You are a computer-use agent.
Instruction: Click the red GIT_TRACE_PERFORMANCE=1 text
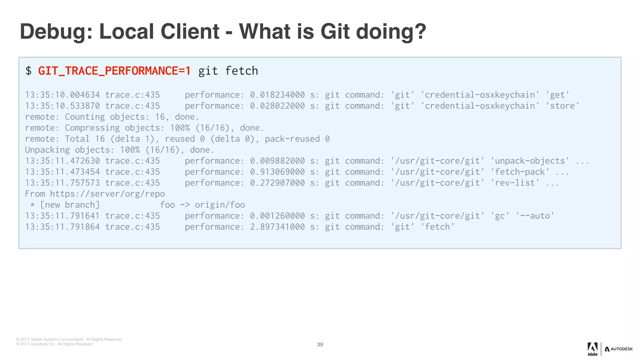[x=114, y=71]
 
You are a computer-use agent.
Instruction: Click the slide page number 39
[x=320, y=344]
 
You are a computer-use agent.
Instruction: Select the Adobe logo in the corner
[x=592, y=349]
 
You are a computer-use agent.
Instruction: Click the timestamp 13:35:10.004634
[x=62, y=95]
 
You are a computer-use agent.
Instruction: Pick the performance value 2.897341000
[x=277, y=227]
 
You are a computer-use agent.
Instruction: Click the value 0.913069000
[x=277, y=172]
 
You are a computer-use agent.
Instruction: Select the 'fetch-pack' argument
[x=520, y=172]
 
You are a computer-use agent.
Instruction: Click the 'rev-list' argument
[x=515, y=183]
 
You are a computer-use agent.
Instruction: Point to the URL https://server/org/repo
[x=107, y=194]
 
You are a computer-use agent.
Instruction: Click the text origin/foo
[x=220, y=205]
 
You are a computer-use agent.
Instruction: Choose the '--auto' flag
[x=535, y=216]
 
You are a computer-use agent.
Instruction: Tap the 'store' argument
[x=562, y=106]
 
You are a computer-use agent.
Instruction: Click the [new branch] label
[x=70, y=205]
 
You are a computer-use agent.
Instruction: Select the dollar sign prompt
[x=28, y=71]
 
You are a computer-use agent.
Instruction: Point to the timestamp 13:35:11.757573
[x=62, y=183]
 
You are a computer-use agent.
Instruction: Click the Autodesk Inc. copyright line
[x=55, y=344]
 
